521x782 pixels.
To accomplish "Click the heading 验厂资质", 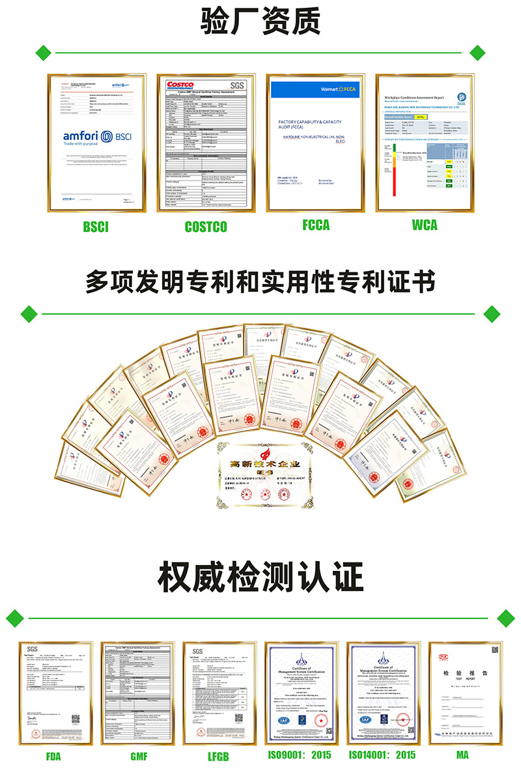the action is (260, 22).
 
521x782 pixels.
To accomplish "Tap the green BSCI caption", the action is (96, 227).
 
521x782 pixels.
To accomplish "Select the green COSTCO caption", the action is (206, 227).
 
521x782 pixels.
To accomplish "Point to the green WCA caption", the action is (425, 225).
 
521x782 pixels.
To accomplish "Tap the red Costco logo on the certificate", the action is (180, 85).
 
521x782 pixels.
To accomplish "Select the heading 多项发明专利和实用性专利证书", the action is (260, 282).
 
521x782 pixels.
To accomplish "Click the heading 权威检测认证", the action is (260, 577).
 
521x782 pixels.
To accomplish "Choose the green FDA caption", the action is (53, 755).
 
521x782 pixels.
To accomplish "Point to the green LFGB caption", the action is (219, 755).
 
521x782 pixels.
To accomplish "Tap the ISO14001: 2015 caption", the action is (382, 755).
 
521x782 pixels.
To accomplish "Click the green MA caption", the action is (462, 755).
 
